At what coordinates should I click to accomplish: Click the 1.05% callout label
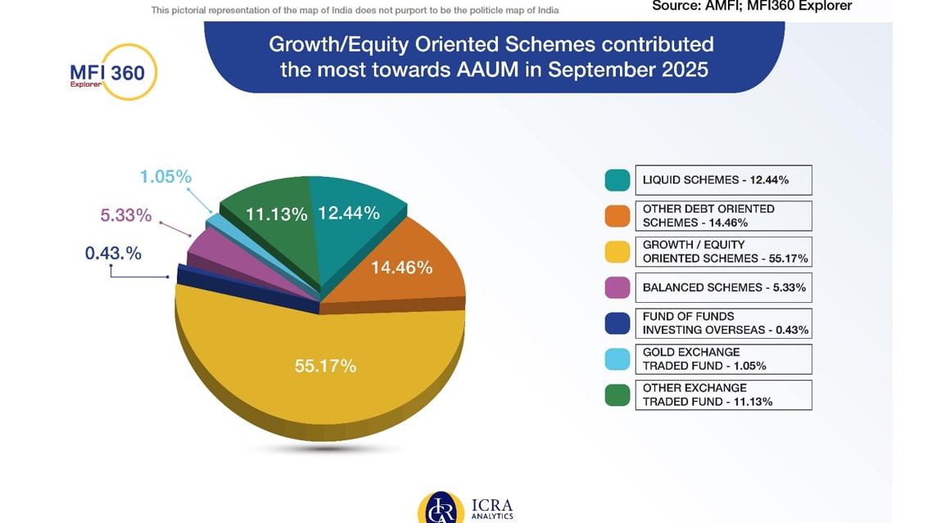coord(165,177)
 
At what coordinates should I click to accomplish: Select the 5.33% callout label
coord(126,215)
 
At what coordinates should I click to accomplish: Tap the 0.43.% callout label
coord(113,254)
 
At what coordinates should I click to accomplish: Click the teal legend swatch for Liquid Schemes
coord(618,180)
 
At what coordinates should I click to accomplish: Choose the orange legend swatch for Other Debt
coord(618,216)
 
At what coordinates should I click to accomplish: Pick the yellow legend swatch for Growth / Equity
coord(618,251)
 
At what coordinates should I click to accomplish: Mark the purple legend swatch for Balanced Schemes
coord(618,287)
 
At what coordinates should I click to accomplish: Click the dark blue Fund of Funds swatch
coord(618,323)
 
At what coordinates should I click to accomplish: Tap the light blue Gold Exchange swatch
coord(618,359)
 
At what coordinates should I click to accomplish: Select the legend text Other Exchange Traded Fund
coord(708,395)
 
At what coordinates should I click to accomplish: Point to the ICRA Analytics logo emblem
coord(441,508)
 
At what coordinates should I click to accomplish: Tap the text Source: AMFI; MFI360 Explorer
coord(751,7)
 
